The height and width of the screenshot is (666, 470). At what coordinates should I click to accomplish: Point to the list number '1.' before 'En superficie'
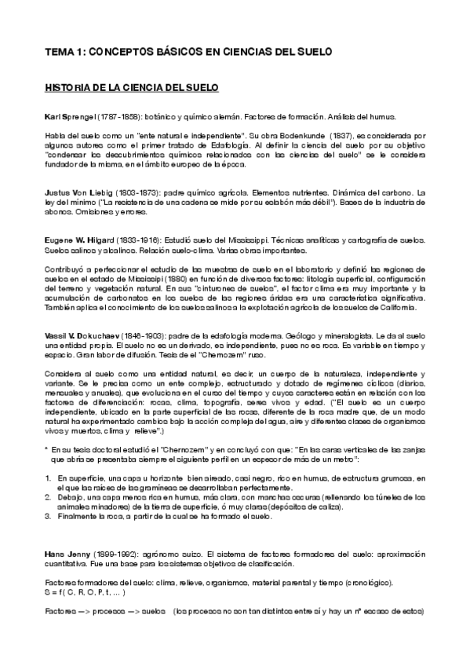pyautogui.click(x=49, y=478)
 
